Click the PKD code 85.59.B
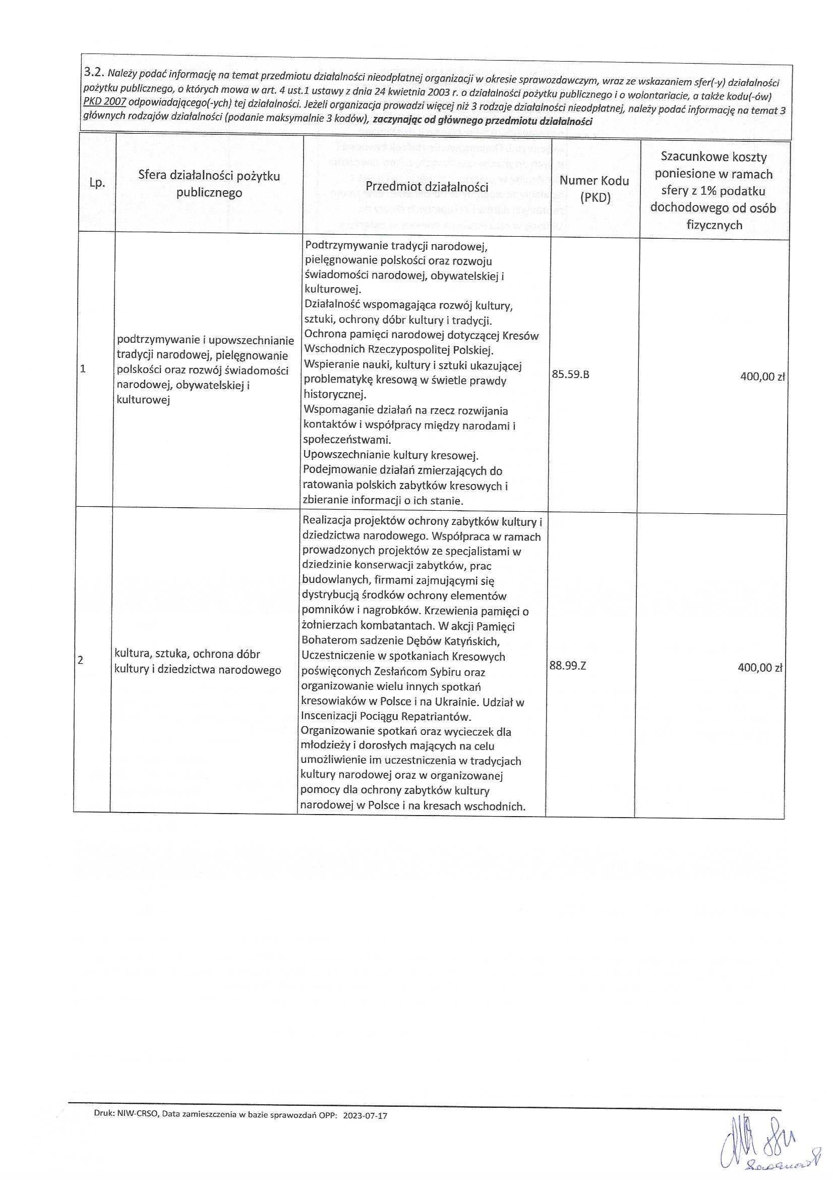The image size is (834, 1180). pyautogui.click(x=571, y=374)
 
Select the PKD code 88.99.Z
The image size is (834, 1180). pyautogui.click(x=567, y=666)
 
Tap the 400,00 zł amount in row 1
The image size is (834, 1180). pyautogui.click(x=762, y=376)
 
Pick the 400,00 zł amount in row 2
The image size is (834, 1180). pyautogui.click(x=759, y=668)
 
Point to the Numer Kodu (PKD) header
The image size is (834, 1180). pyautogui.click(x=594, y=189)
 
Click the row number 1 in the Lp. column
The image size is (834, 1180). pyautogui.click(x=83, y=369)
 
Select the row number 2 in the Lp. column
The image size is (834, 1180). pyautogui.click(x=81, y=661)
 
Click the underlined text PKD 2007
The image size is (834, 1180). pyautogui.click(x=105, y=102)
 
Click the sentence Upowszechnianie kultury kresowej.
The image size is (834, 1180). pyautogui.click(x=391, y=455)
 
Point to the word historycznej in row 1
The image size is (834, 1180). pyautogui.click(x=334, y=395)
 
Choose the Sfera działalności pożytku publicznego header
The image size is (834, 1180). pyautogui.click(x=209, y=185)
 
